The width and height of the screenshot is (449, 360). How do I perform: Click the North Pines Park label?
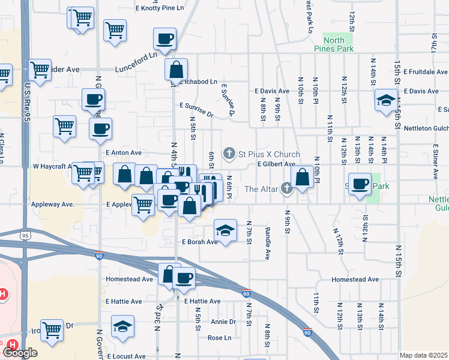338,44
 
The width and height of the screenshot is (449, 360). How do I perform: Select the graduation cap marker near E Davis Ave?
385,100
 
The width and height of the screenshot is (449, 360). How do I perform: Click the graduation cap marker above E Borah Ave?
225,230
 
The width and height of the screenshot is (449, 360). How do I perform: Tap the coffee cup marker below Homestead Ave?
184,277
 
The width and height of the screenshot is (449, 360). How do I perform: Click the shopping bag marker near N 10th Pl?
301,176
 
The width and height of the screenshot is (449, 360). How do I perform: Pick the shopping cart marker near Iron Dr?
52,329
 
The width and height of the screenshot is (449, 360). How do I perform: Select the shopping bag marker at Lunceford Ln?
176,68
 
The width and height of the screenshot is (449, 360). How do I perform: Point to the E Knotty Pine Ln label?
159,8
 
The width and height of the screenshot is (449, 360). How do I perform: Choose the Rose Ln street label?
219,338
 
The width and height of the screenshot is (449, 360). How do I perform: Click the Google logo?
20,353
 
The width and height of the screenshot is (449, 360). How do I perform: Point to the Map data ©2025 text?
424,355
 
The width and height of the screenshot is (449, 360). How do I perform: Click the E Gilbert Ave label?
276,164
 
